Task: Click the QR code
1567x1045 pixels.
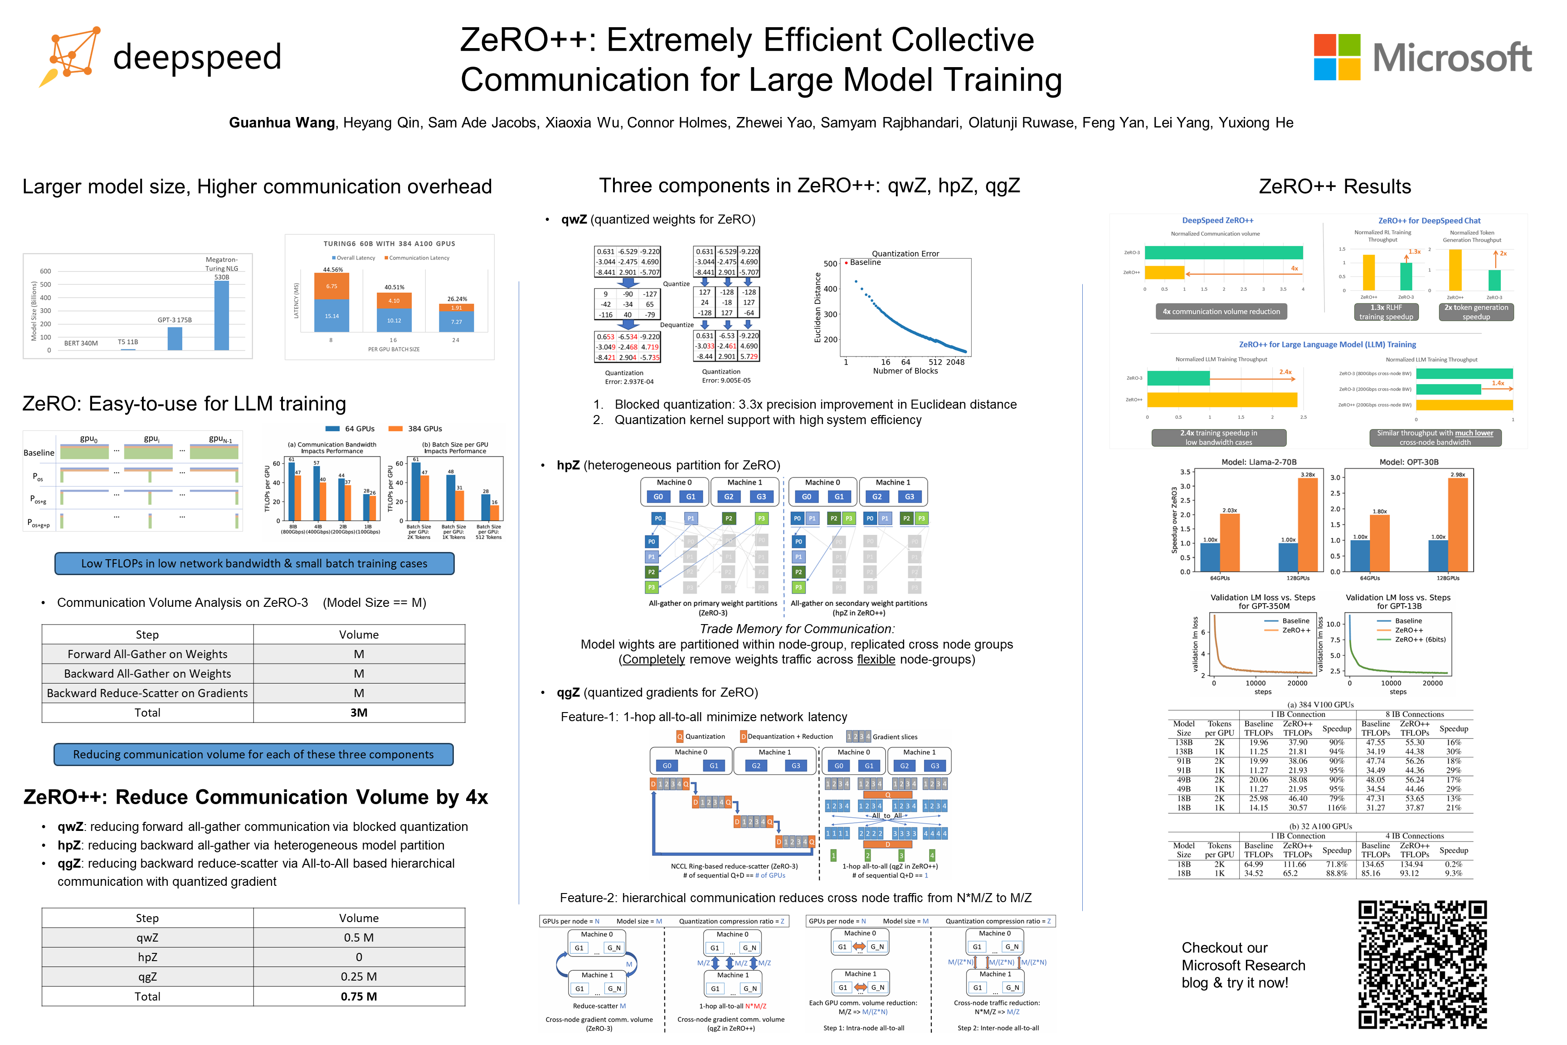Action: pos(1422,964)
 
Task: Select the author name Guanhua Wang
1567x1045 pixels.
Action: pos(282,122)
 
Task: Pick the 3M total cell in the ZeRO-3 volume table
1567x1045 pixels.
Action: pos(359,713)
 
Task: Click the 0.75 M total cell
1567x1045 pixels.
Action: pos(359,996)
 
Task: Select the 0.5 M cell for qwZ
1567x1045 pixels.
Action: pos(359,938)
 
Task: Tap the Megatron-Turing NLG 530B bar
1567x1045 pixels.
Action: pos(222,315)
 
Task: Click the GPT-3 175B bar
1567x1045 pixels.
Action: pos(175,338)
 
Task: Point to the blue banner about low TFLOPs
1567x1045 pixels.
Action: pos(254,563)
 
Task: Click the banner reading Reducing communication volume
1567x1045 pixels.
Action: pos(253,754)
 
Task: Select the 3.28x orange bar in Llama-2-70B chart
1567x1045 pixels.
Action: pos(1307,524)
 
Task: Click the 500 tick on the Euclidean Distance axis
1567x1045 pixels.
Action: pos(830,263)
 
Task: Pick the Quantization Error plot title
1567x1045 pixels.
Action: pos(905,253)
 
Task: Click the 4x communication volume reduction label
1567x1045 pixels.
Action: pos(1221,311)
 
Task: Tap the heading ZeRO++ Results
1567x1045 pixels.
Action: pos(1334,186)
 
